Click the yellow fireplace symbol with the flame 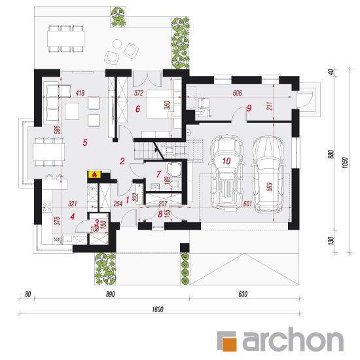[x=94, y=175]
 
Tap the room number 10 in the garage [x=226, y=161]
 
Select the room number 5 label [x=85, y=143]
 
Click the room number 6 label [x=137, y=109]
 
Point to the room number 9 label [x=249, y=108]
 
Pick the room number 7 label [x=158, y=174]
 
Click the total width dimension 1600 [x=158, y=309]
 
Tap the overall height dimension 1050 [x=345, y=163]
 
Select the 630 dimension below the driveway [x=243, y=295]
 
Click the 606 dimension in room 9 [x=237, y=93]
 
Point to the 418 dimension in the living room [x=80, y=93]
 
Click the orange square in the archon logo [x=230, y=344]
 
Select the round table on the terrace [x=117, y=44]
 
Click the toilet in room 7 [x=174, y=170]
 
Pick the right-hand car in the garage [x=268, y=175]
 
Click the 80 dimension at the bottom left [x=27, y=295]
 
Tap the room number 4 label [x=73, y=217]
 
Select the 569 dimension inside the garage [x=270, y=187]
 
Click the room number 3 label [x=97, y=223]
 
